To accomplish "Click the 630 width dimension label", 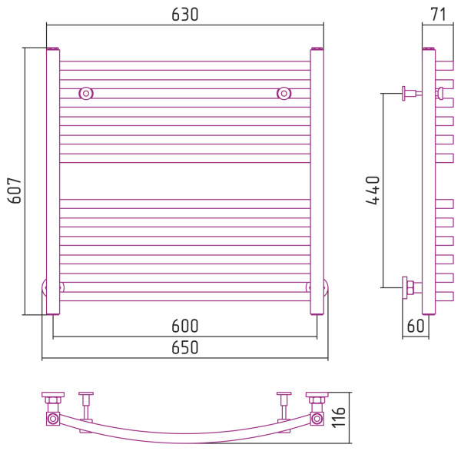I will click(x=184, y=15).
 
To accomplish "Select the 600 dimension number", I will click(x=184, y=326).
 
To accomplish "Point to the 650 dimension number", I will click(x=184, y=347).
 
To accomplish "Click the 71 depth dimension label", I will click(x=439, y=14).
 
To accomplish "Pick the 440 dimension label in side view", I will click(x=372, y=190).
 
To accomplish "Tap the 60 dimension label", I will click(x=415, y=326).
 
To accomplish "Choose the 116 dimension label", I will click(x=341, y=416).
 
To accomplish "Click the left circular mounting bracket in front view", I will click(x=86, y=94).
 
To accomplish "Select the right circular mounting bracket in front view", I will click(x=284, y=94).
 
